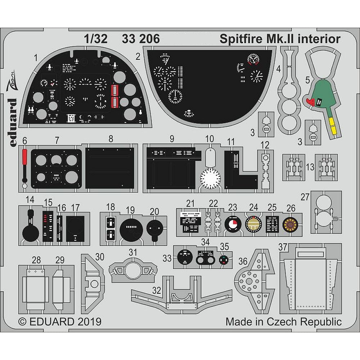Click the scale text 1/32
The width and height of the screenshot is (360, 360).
[x=96, y=39]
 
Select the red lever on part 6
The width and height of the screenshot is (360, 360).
[x=24, y=157]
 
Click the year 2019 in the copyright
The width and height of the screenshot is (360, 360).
[x=89, y=321]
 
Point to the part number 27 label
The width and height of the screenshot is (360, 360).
[x=305, y=197]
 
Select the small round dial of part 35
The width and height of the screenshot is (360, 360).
[x=224, y=259]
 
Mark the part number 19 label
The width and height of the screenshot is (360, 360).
[x=130, y=210]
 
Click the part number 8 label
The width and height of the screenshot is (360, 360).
[x=111, y=138]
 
